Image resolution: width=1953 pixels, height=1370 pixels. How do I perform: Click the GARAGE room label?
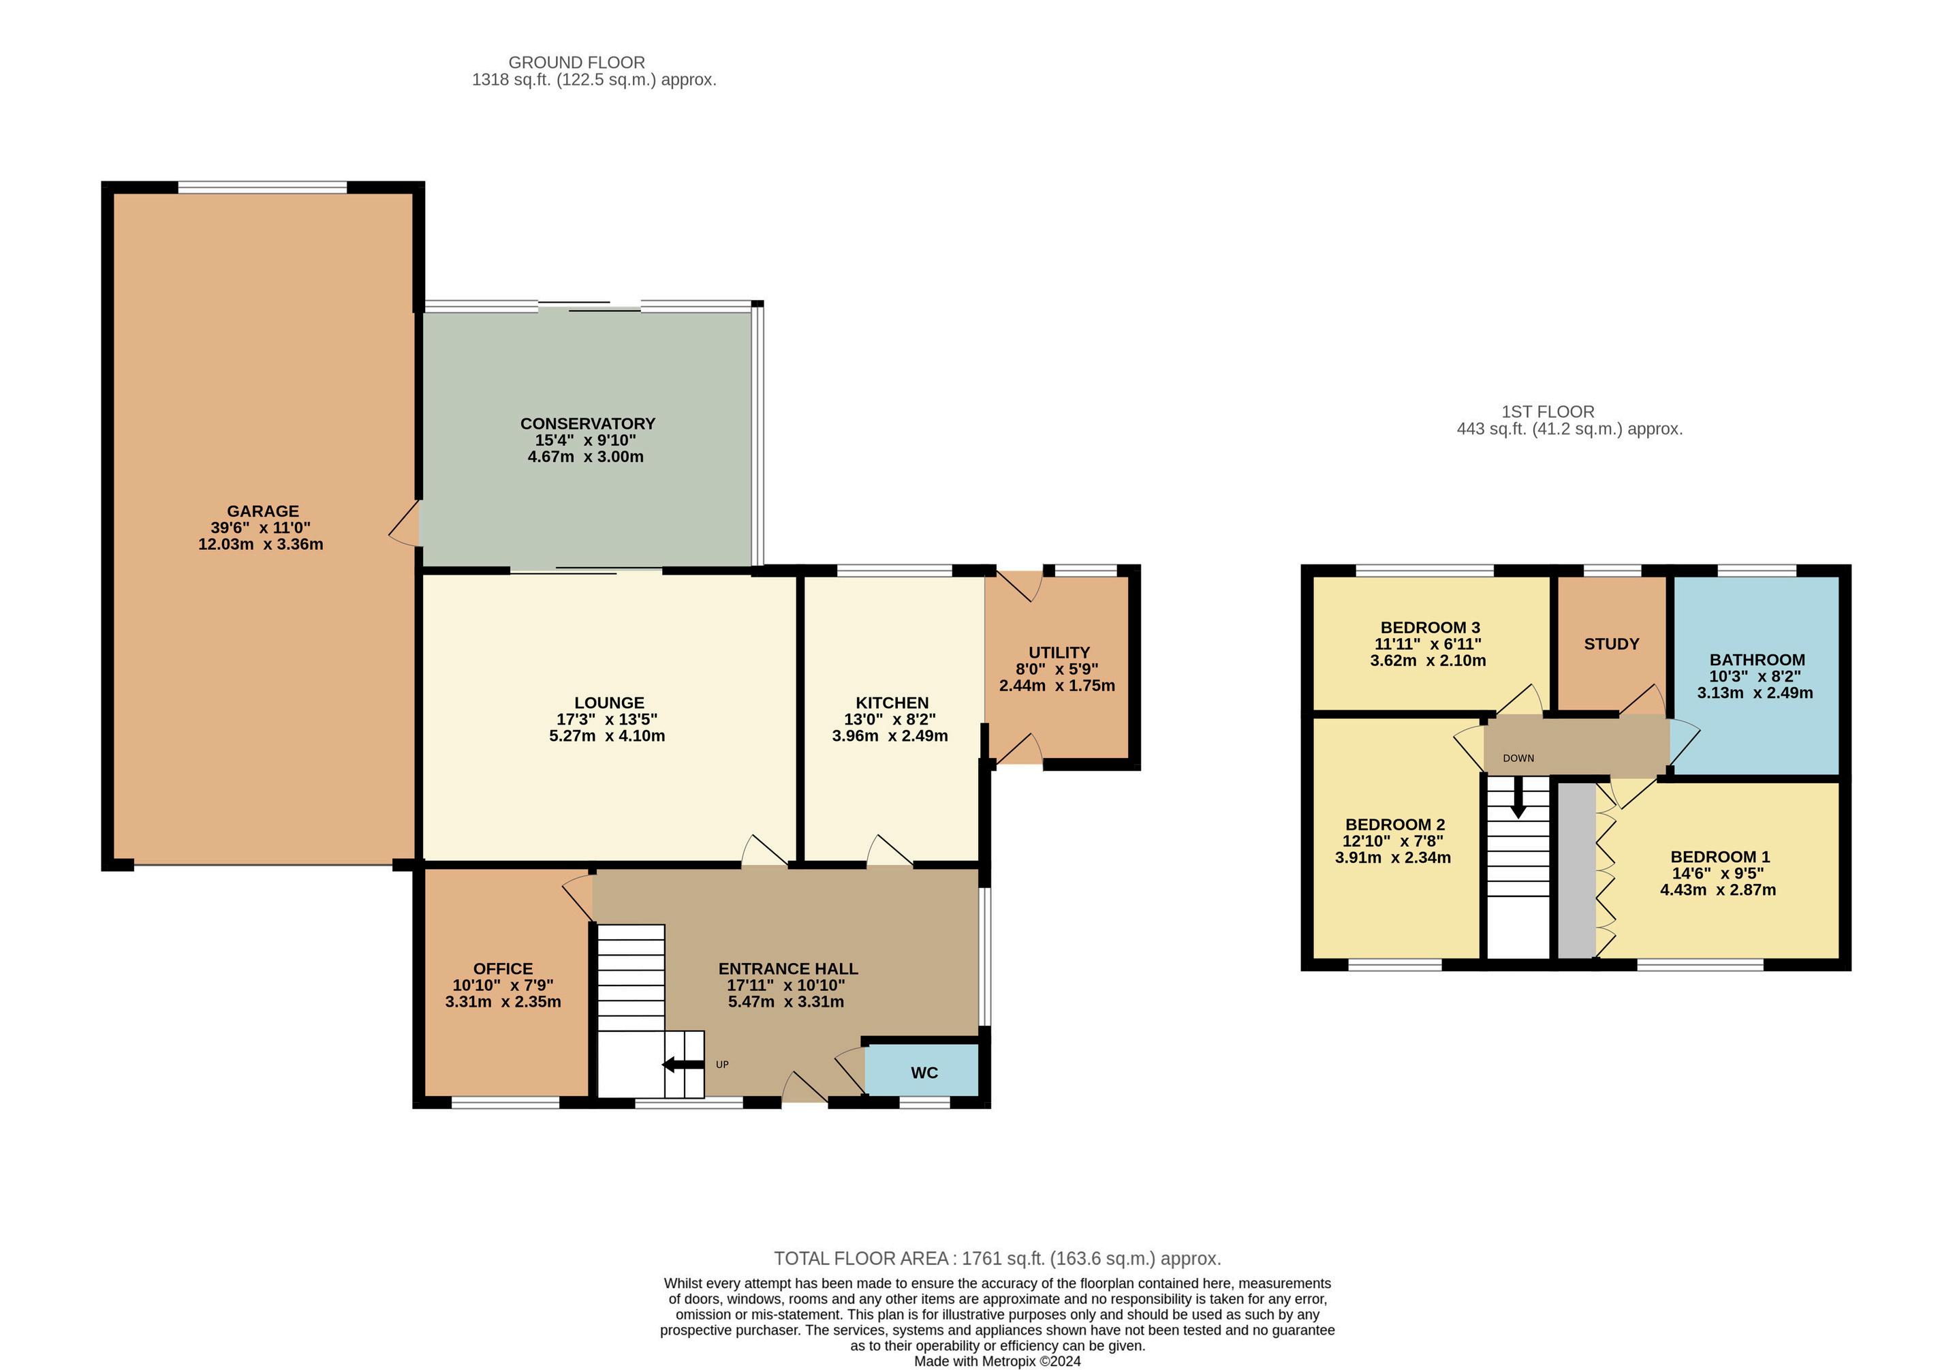coord(263,511)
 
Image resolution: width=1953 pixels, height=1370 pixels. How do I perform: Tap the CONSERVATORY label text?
coord(588,424)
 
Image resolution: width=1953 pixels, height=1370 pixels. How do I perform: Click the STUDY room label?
coord(1611,644)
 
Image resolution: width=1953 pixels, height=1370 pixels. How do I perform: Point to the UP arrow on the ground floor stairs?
coord(683,1064)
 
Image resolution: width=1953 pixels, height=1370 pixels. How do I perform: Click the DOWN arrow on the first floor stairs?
coord(1518,802)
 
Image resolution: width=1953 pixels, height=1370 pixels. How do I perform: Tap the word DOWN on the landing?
coord(1518,758)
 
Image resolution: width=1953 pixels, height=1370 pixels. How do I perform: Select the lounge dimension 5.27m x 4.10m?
coord(608,736)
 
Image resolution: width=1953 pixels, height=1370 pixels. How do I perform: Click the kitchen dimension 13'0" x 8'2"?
coord(884,719)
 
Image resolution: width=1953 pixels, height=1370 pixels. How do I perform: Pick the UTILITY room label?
coord(1059,653)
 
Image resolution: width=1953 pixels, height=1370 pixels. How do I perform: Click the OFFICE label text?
coord(503,969)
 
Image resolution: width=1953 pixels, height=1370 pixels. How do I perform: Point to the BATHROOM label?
coord(1757,660)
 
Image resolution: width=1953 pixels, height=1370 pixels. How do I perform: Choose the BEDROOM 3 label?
coord(1430,628)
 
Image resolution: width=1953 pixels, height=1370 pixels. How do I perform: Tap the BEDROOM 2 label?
coord(1395,825)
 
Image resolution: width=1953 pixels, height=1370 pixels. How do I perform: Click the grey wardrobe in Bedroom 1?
coord(1576,870)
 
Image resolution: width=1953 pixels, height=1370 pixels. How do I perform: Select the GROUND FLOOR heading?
coord(577,62)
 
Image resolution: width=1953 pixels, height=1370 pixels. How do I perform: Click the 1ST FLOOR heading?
coord(1548,412)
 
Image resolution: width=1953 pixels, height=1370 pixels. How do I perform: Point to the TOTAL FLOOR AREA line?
coord(997,1258)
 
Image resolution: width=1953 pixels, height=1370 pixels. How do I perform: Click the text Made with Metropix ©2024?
coord(997,1362)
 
